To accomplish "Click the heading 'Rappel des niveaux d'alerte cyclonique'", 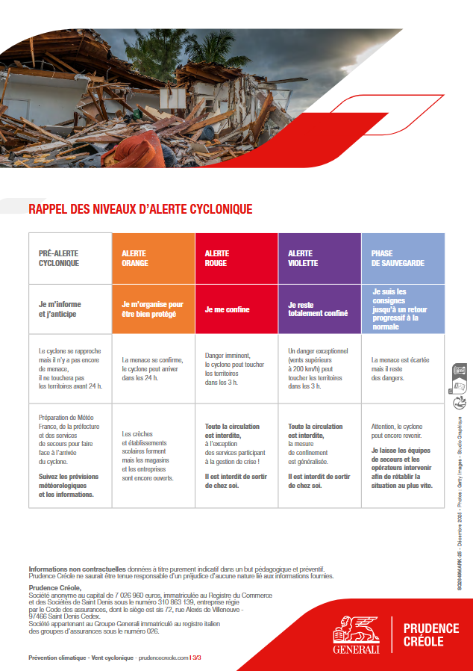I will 140,209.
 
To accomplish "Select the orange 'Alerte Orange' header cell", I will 153,259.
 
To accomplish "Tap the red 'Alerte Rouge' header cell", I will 236,259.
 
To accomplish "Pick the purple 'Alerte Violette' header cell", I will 319,259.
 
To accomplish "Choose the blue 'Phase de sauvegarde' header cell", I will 403,259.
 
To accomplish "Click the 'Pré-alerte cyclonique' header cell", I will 69,259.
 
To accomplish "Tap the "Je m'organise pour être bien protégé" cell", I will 152,309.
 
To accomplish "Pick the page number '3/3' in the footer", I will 196,658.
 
